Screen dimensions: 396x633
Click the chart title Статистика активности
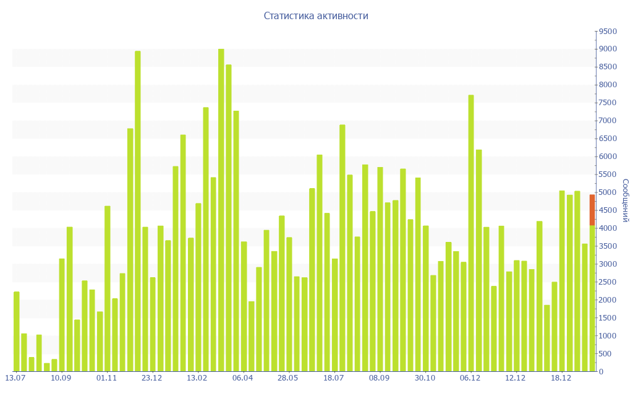(x=316, y=16)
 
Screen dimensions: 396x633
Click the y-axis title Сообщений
(x=625, y=200)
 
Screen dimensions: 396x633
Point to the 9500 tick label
(x=607, y=32)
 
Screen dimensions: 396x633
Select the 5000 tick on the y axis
(x=607, y=192)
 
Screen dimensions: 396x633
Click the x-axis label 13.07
(x=15, y=378)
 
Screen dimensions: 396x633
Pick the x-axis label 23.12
(x=152, y=378)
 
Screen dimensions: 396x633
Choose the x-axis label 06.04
(x=243, y=378)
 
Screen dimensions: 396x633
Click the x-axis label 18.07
(x=334, y=378)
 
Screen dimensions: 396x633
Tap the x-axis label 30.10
(x=425, y=378)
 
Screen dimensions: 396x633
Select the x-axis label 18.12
(x=561, y=378)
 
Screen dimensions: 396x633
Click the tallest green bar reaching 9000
(x=221, y=210)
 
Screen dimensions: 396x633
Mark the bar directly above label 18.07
(x=335, y=315)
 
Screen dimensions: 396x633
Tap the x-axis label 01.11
(x=107, y=378)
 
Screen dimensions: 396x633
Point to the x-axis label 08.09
(x=380, y=378)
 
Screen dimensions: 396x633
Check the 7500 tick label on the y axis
(x=607, y=103)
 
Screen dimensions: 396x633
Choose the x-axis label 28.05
(x=288, y=378)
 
